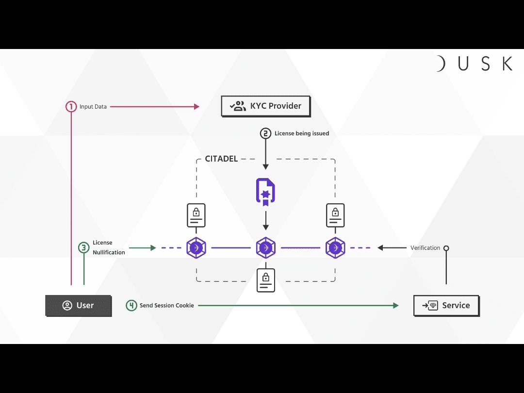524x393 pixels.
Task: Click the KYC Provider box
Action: click(265, 106)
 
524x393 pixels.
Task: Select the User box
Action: click(79, 306)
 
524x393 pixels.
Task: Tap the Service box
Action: click(446, 306)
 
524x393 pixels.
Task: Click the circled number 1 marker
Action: click(71, 107)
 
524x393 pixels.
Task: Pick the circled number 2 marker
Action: click(265, 133)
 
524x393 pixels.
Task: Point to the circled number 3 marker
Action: click(84, 248)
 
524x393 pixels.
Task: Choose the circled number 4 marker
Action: click(131, 306)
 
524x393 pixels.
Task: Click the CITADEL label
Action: click(221, 159)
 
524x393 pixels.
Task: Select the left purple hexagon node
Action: click(196, 248)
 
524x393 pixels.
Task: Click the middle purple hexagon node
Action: click(266, 248)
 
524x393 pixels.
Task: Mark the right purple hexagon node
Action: click(335, 248)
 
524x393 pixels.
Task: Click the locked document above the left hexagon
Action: click(196, 215)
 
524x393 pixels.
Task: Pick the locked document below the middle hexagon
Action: click(266, 280)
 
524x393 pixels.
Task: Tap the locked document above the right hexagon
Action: click(335, 215)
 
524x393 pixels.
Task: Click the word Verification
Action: click(425, 248)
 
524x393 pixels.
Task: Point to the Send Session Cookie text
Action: click(166, 306)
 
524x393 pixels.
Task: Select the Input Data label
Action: click(93, 107)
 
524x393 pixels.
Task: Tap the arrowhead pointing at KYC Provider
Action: click(196, 107)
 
